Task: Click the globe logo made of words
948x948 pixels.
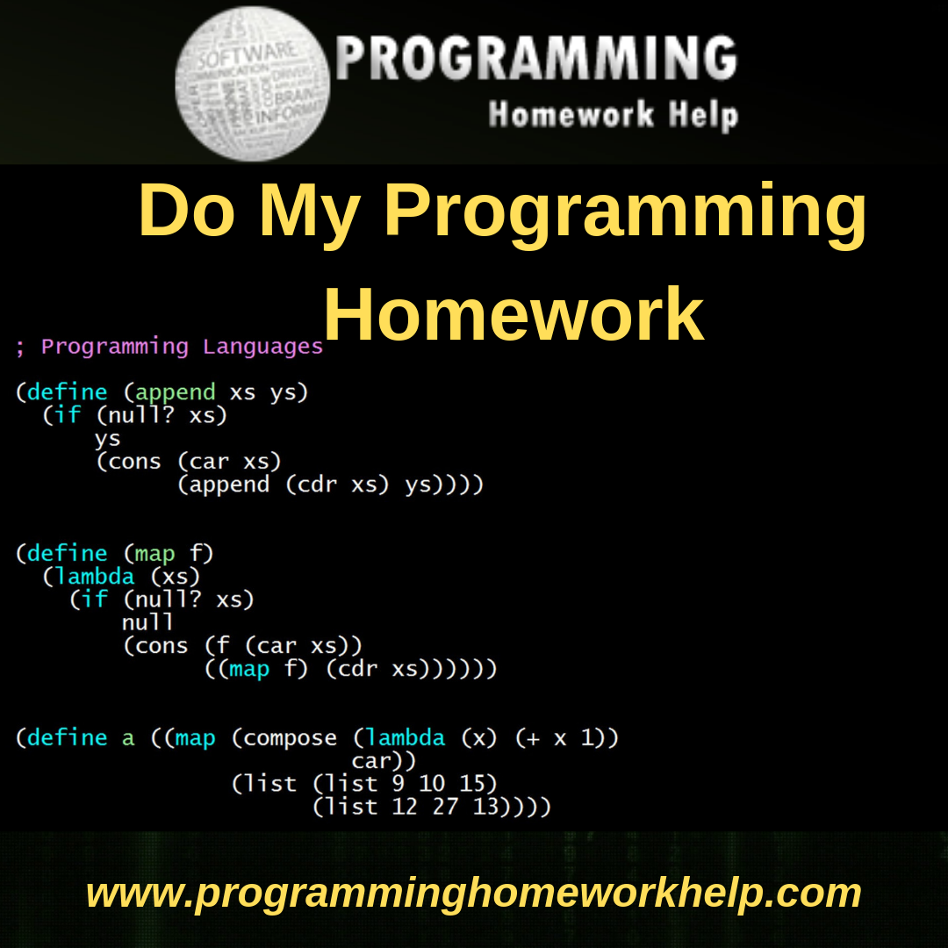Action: pos(253,83)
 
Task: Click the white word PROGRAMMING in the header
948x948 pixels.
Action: pos(536,60)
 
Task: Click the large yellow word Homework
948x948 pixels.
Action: pos(513,315)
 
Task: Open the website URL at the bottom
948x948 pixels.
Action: pos(474,892)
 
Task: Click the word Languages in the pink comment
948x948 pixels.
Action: pos(262,346)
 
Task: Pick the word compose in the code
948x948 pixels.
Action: pos(290,737)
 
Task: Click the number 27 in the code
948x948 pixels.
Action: pos(445,806)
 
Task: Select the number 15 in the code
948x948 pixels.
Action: pos(471,783)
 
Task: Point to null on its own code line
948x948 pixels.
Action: pos(147,622)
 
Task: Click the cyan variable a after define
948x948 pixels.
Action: pos(128,737)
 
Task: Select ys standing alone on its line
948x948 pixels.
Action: pos(107,438)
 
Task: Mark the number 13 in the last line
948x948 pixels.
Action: pos(485,806)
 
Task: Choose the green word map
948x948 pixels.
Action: pos(154,553)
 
